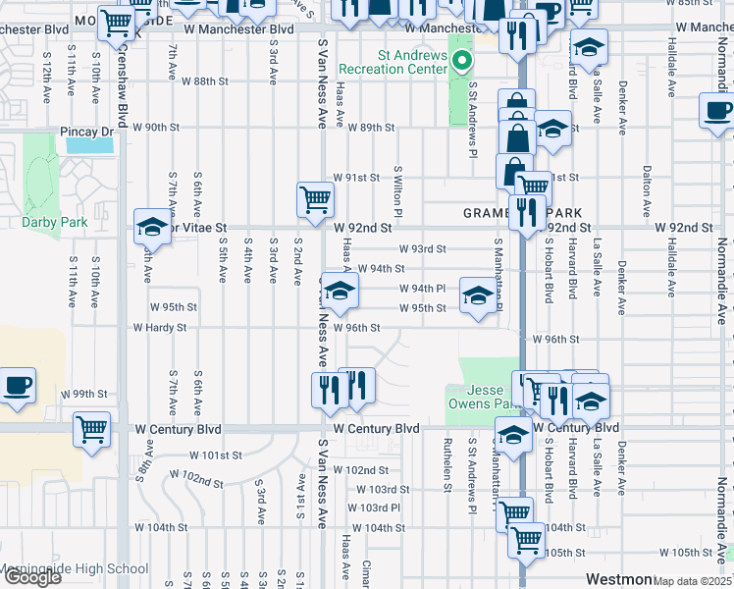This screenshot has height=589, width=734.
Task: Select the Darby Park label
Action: (x=54, y=222)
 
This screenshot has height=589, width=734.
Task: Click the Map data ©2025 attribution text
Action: (x=692, y=581)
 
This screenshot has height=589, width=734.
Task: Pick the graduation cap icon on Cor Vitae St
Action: (x=152, y=228)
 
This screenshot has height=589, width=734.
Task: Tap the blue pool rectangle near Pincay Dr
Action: (x=89, y=144)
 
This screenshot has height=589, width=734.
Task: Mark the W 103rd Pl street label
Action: (x=378, y=508)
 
